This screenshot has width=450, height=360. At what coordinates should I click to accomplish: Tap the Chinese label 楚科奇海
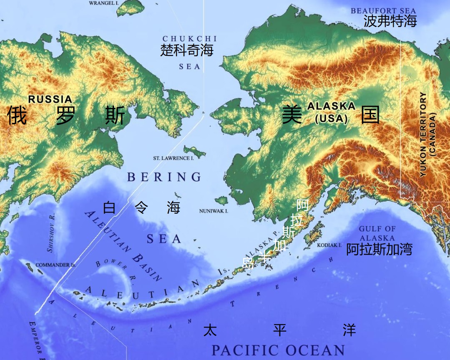tap(187, 50)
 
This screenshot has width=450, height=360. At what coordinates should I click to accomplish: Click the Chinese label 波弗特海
tap(390, 21)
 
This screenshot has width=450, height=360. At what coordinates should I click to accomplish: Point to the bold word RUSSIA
tap(50, 99)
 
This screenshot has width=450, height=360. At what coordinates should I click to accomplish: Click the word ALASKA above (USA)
tap(331, 106)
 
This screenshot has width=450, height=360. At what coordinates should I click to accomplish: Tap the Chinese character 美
tap(292, 115)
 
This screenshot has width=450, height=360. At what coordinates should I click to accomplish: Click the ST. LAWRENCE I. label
tap(173, 159)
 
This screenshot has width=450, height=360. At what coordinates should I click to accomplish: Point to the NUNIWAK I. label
tap(214, 211)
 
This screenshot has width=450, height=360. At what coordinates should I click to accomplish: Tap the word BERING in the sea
tap(164, 177)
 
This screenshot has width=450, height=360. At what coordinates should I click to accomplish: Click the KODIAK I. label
tap(329, 245)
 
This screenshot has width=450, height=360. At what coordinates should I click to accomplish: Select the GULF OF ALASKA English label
tap(377, 233)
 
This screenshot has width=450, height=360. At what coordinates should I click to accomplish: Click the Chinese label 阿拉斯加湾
tap(379, 250)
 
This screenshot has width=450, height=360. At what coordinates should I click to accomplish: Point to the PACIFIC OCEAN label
tap(278, 350)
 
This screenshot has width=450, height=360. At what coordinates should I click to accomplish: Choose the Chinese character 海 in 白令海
tap(173, 207)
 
